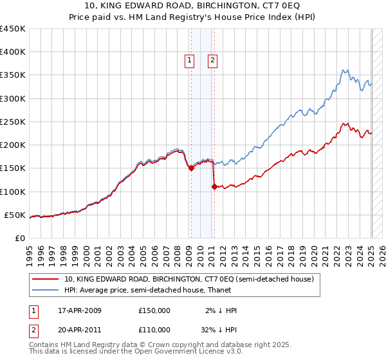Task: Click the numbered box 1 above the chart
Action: (190, 61)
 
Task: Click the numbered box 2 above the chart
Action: (212, 61)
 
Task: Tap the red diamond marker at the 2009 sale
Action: (191, 168)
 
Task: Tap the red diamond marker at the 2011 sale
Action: (214, 186)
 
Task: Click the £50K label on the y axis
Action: (15, 215)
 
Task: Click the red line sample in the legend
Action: (46, 280)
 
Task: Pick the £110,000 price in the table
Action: (154, 329)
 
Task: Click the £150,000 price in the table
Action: (154, 310)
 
